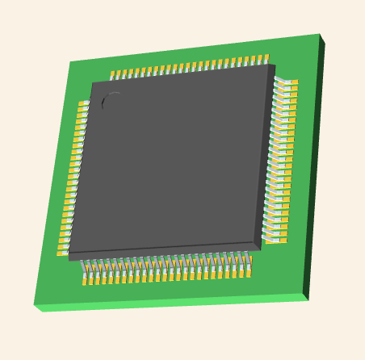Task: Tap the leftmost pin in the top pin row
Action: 113,76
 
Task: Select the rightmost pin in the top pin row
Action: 265,60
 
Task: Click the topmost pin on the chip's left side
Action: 83,104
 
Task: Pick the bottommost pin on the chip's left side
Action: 62,252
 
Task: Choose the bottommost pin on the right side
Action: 275,240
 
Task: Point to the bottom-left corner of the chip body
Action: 69,254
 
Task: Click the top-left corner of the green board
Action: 71,62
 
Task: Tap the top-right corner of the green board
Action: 319,35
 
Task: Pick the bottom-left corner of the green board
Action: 34,304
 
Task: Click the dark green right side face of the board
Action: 313,170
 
